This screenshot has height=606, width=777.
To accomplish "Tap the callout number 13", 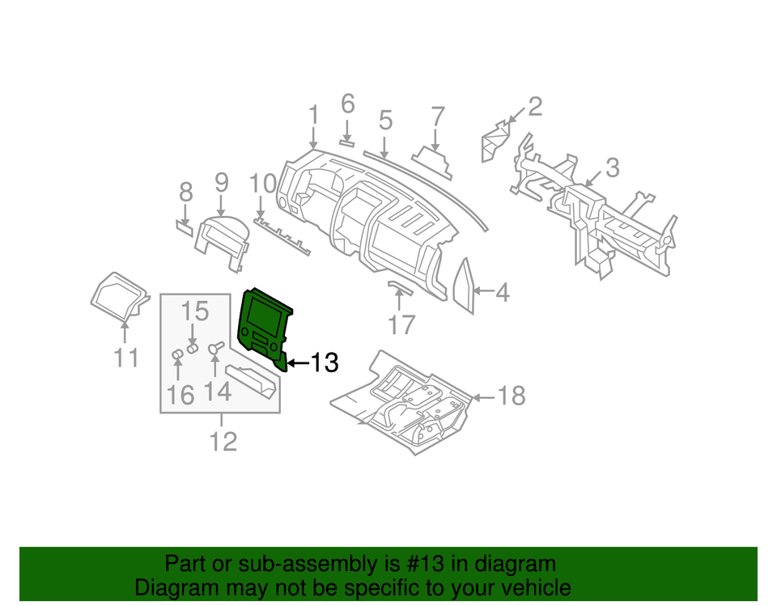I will pos(324,363).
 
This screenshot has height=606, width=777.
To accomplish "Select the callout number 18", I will pos(511,396).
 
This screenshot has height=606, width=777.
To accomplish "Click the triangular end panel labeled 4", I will pos(465,286).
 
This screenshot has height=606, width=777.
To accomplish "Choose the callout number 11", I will pos(125,357).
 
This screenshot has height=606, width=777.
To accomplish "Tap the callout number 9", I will pos(221,183).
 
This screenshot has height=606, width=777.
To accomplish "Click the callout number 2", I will pos(535,106).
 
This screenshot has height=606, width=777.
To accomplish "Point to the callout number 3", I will pos(612,167).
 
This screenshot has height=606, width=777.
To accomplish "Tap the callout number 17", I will pos(401,324).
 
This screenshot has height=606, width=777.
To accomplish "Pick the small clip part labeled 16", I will pos(177,356).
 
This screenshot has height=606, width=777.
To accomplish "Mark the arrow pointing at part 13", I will pos(298,363).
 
